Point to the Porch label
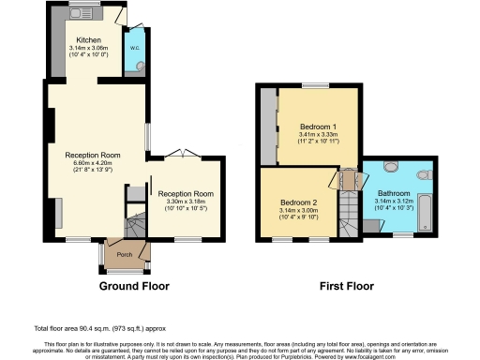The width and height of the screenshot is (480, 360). click(x=123, y=253)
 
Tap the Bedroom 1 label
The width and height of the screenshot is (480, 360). click(x=319, y=126)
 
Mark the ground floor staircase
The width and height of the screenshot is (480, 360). click(x=136, y=224)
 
